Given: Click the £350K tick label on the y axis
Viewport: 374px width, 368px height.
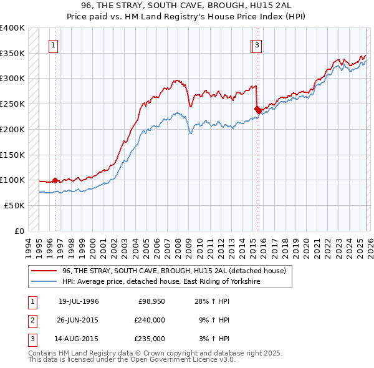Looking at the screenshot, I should click(12, 54).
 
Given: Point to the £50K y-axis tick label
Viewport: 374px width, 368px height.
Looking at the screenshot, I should click(14, 205).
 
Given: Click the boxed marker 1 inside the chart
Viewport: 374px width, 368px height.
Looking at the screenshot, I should click(54, 45).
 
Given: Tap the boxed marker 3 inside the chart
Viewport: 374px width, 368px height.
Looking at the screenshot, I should click(257, 45).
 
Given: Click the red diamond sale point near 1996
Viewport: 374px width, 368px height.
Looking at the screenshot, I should click(55, 180).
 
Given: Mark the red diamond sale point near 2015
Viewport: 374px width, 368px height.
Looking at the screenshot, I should click(257, 110).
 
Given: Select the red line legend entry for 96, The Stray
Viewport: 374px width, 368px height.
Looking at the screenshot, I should click(174, 271).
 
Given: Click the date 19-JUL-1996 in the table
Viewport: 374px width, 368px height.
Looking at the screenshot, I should click(79, 302).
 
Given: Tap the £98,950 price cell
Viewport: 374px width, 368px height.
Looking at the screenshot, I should click(151, 302).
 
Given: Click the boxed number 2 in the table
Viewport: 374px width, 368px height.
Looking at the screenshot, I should click(31, 320).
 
